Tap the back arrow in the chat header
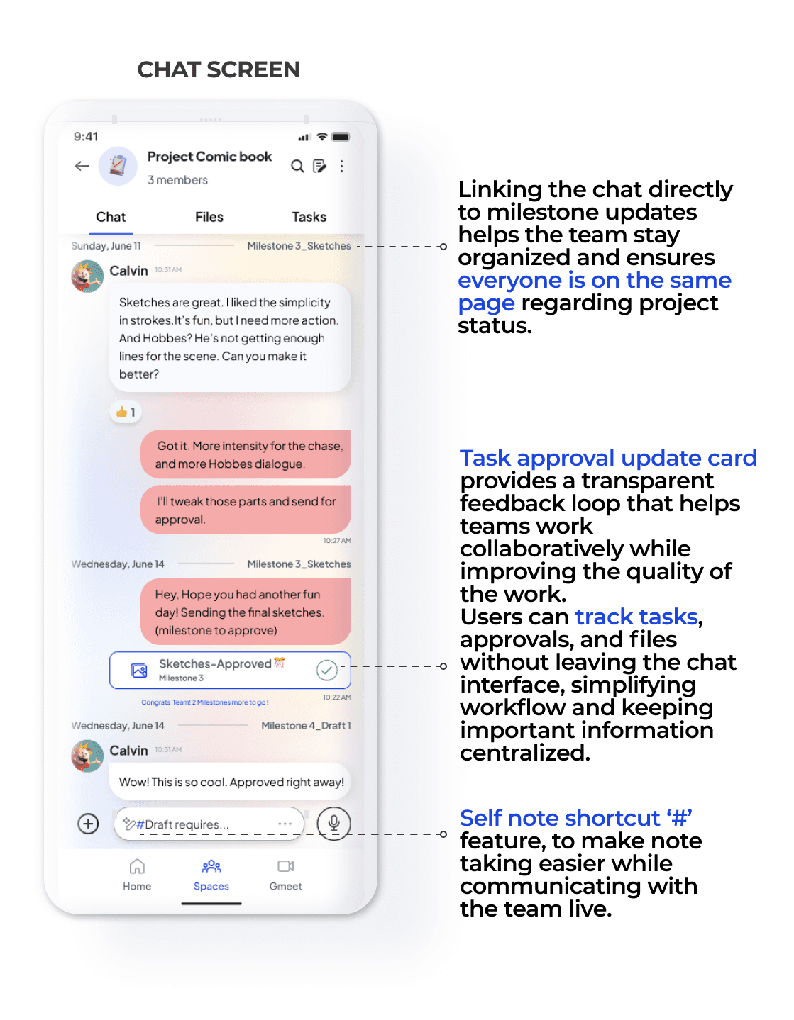click(x=82, y=166)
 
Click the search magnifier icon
click(x=297, y=166)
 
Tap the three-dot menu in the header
click(x=342, y=166)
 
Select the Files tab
click(x=209, y=217)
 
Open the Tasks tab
click(x=309, y=217)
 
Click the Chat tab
click(x=111, y=217)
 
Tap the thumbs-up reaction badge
click(x=126, y=412)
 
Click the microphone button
click(x=333, y=823)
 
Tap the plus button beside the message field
click(x=88, y=823)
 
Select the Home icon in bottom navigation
click(x=137, y=867)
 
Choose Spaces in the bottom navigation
click(x=211, y=867)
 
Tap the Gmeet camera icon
click(x=286, y=866)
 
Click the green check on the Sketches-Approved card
click(x=326, y=670)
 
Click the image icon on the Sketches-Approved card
click(x=139, y=670)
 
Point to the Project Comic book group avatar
click(x=118, y=166)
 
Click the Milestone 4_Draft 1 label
click(x=306, y=725)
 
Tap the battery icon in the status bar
click(x=341, y=137)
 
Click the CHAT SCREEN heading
click(x=219, y=69)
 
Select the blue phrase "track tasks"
click(x=636, y=617)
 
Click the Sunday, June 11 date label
click(x=106, y=246)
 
